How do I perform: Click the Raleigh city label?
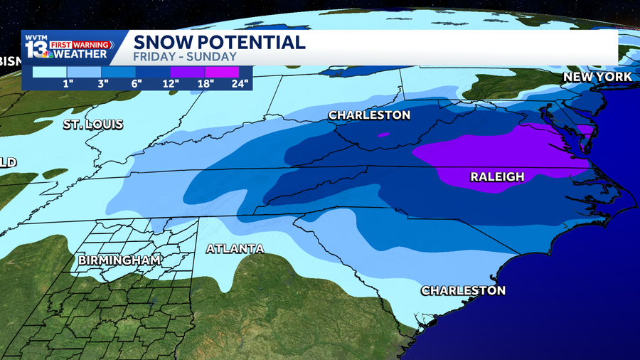pyautogui.click(x=498, y=176)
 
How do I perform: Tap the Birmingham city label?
pyautogui.click(x=119, y=260)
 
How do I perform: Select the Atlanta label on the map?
pyautogui.click(x=235, y=249)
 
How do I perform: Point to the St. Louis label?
pyautogui.click(x=93, y=125)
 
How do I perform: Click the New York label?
pyautogui.click(x=597, y=77)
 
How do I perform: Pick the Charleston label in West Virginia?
pyautogui.click(x=369, y=115)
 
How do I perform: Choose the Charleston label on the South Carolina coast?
pyautogui.click(x=463, y=290)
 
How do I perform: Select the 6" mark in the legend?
pyautogui.click(x=136, y=84)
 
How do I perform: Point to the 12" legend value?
pyautogui.click(x=170, y=84)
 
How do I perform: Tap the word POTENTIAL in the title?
pyautogui.click(x=253, y=42)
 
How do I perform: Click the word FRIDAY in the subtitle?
pyautogui.click(x=153, y=56)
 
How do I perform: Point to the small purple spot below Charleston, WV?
pyautogui.click(x=383, y=134)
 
